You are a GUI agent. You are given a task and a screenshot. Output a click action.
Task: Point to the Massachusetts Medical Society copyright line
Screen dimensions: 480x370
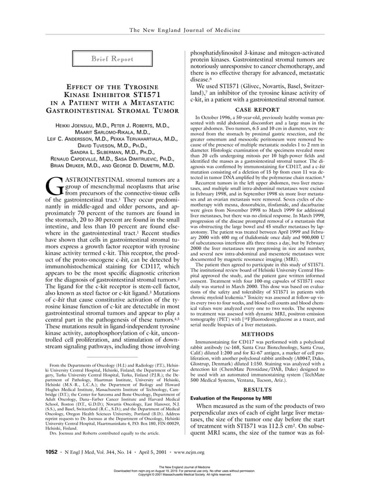[186, 475]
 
